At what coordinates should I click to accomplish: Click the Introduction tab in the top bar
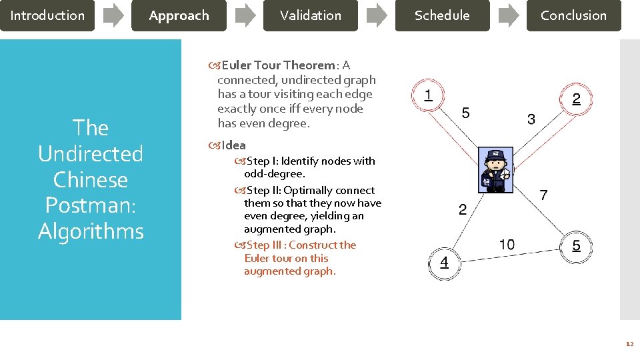pos(47,15)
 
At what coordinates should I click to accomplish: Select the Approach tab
pos(179,15)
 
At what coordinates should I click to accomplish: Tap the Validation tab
pos(310,15)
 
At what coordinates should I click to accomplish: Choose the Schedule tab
pos(442,15)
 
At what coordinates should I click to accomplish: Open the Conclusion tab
pos(573,15)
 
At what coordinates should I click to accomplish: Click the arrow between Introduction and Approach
pos(113,15)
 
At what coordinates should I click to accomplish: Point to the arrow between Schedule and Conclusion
pos(508,15)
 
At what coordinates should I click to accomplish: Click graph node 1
pos(428,95)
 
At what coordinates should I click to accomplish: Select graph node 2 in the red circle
pos(576,99)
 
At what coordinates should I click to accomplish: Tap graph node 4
pos(444,263)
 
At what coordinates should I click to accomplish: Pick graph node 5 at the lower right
pos(576,246)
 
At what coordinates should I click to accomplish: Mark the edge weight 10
pos(507,245)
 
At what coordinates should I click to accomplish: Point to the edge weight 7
pos(543,195)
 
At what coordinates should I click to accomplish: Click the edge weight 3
pos(531,120)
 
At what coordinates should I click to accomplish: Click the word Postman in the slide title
pos(91,205)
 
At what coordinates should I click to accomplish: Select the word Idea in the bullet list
pos(233,145)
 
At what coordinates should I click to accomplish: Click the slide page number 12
pos(629,344)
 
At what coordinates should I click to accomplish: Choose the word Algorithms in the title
pos(91,231)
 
